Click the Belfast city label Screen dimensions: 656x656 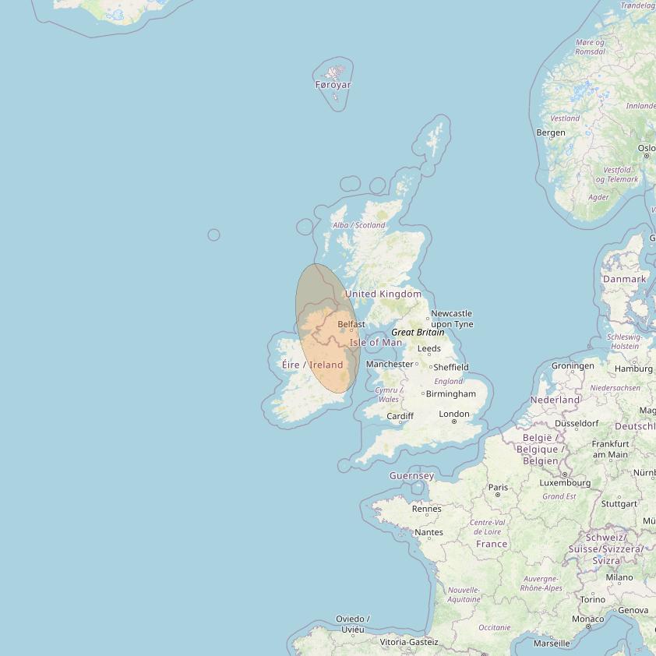351,324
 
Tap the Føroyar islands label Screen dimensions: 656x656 333,85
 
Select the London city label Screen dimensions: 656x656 454,414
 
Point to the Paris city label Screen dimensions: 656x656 498,488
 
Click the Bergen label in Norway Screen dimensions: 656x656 551,132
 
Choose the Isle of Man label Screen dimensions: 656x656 376,342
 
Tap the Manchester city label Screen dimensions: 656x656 390,364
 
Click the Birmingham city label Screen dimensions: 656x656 451,394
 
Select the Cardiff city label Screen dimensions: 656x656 400,417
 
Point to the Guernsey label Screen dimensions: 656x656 412,475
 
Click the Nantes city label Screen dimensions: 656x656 429,533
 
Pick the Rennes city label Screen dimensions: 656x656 427,509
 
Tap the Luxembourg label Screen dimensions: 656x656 565,483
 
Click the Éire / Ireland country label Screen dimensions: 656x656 312,365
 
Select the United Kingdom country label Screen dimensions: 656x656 383,294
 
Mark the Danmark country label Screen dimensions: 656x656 625,279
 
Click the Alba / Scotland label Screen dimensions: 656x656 359,225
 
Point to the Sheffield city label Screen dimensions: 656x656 451,367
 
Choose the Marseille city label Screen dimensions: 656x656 552,644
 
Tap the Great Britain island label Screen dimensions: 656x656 418,332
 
